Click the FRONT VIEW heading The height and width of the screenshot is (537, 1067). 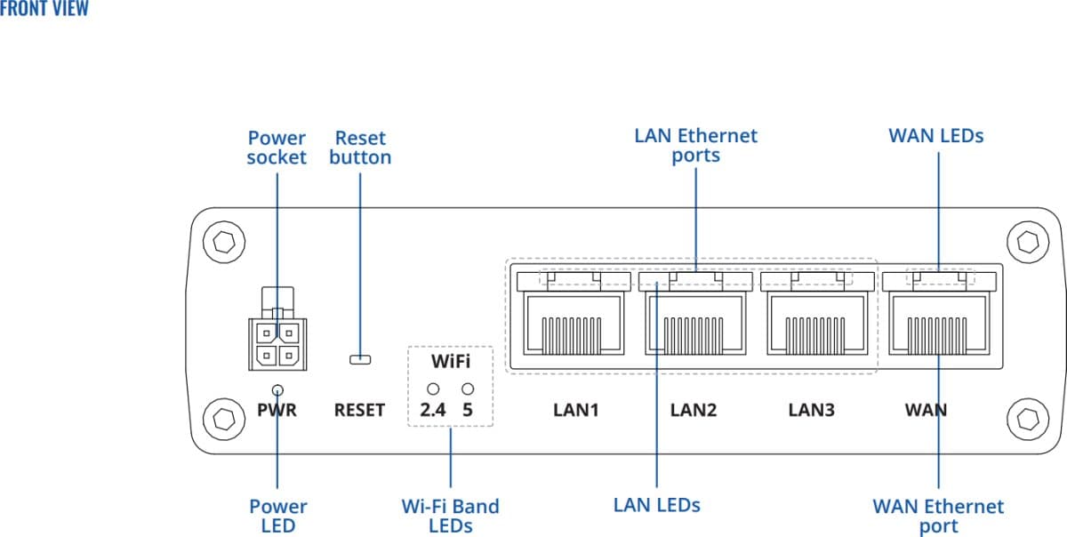tap(44, 10)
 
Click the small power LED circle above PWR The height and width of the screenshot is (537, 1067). tap(278, 389)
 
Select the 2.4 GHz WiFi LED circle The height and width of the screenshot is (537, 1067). tap(434, 389)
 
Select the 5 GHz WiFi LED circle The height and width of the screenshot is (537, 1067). tap(468, 389)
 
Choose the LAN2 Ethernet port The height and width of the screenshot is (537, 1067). tap(691, 324)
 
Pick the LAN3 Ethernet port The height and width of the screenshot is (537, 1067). tap(814, 324)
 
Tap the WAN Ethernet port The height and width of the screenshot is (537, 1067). tap(938, 324)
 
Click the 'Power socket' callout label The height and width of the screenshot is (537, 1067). tap(277, 148)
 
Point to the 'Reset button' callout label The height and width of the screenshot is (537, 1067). tap(360, 148)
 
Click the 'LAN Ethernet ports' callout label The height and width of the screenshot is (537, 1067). tap(695, 145)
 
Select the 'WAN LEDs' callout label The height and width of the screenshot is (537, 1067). tap(936, 136)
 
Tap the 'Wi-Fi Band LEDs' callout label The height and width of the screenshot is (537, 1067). tap(450, 516)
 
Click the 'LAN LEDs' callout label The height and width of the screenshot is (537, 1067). tap(657, 505)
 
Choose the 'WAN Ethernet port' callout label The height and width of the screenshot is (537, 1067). tap(938, 516)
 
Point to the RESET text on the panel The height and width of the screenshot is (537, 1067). tap(359, 411)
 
